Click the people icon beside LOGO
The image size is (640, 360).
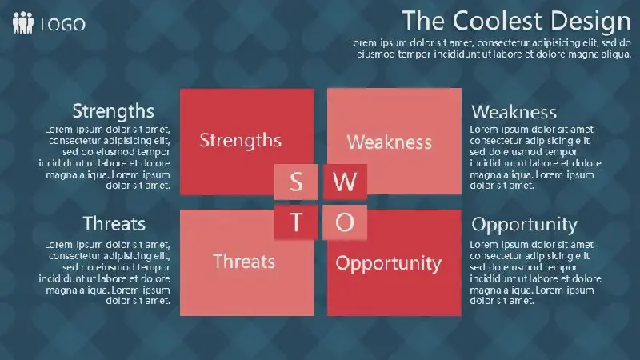pos(23,22)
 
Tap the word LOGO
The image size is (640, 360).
pos(63,25)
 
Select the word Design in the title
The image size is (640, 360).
pos(590,22)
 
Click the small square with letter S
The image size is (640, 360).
pos(296,182)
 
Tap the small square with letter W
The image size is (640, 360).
pos(345,182)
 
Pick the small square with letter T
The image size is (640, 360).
pos(296,222)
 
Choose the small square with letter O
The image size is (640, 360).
pos(345,222)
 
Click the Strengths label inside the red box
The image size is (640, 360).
pos(241,141)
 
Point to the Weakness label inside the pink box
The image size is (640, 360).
pos(390,142)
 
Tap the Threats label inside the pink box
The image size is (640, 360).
pos(244,262)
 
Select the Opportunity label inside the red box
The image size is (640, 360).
pos(389,264)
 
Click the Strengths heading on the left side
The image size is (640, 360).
pos(113,111)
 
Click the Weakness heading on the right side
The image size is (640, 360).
pos(514,112)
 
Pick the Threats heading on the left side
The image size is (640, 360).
pos(114,223)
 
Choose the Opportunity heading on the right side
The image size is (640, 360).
pos(524,225)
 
